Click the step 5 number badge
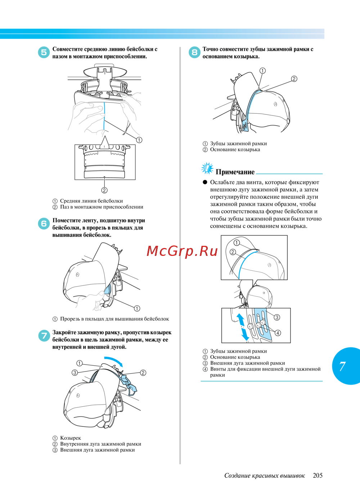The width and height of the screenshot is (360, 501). click(x=44, y=53)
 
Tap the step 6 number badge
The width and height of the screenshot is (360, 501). click(x=44, y=224)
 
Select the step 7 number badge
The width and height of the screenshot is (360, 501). click(x=44, y=335)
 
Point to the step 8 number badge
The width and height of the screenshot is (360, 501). click(x=194, y=53)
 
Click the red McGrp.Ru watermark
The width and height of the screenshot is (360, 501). click(x=182, y=251)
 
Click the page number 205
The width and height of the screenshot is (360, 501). click(x=318, y=475)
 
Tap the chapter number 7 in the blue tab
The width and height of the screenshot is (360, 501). click(x=342, y=366)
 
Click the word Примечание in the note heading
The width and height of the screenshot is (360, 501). click(x=235, y=172)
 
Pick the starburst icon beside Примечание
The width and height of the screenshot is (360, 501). click(x=207, y=168)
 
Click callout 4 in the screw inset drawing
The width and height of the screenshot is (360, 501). click(x=278, y=333)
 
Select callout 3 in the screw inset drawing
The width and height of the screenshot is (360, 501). click(x=277, y=317)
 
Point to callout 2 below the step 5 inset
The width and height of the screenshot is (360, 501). click(x=104, y=190)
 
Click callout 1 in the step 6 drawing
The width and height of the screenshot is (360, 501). click(x=137, y=308)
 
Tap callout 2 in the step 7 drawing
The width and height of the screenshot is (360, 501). click(x=143, y=373)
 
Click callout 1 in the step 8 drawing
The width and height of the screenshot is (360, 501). click(x=262, y=71)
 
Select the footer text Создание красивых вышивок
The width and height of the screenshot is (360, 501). click(x=265, y=475)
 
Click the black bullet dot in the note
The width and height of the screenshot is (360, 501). click(x=205, y=182)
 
